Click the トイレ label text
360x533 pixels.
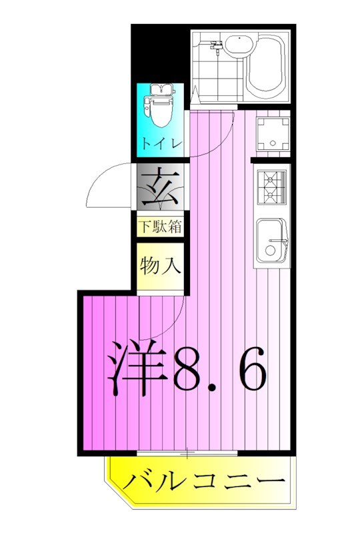(x=160, y=143)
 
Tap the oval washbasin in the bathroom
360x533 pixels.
(x=236, y=46)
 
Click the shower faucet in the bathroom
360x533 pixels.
(x=215, y=47)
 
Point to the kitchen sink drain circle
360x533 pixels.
(x=269, y=251)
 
